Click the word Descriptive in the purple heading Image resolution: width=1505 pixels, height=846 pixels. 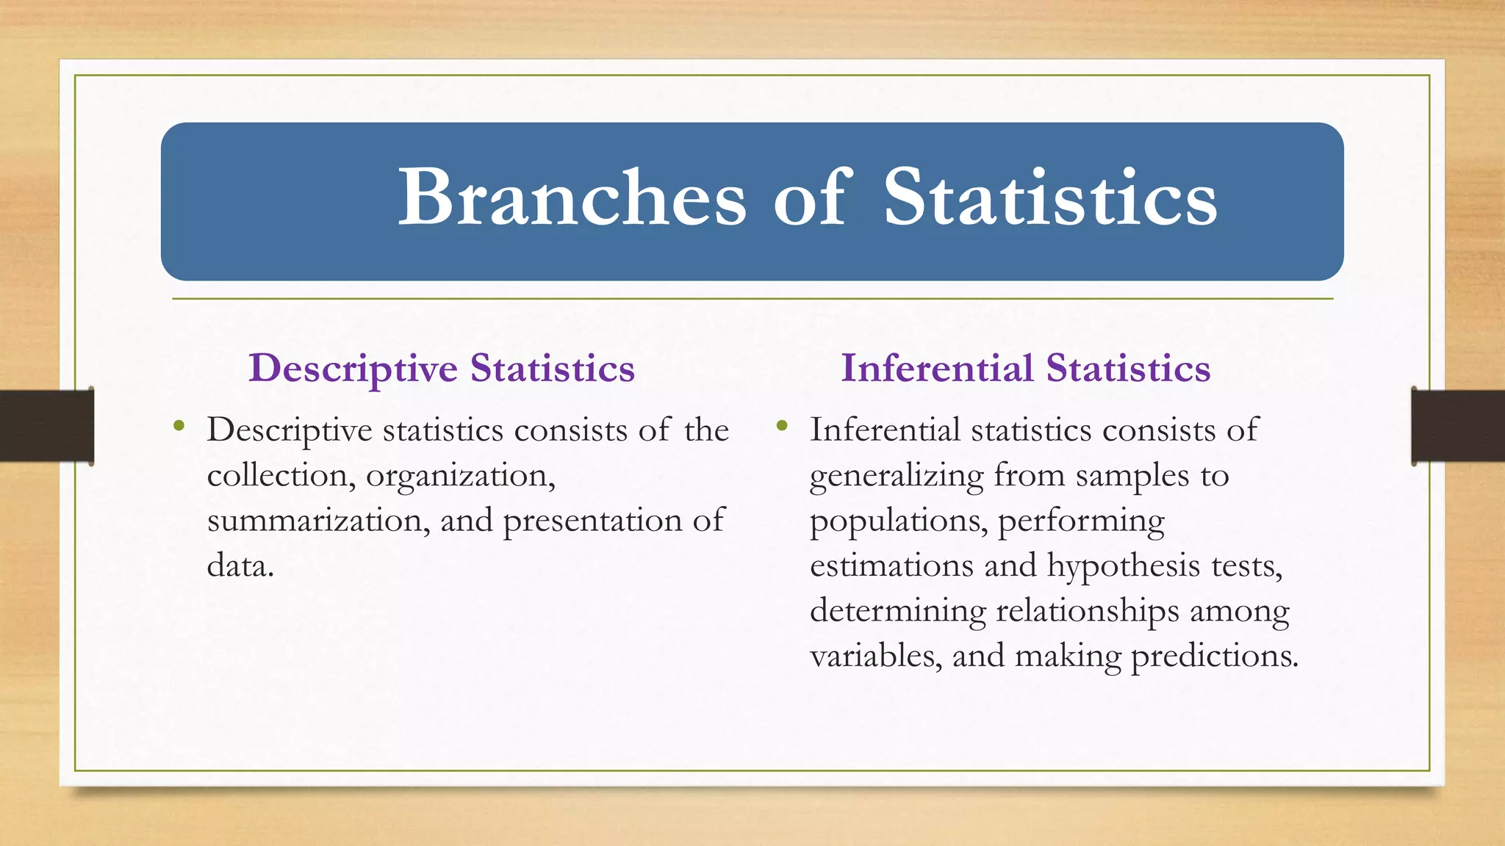353,369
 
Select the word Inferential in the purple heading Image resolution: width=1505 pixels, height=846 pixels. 937,368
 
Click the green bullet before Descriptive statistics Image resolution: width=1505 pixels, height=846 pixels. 179,425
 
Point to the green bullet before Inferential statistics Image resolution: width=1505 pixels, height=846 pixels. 782,425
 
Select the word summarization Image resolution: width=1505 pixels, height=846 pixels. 318,521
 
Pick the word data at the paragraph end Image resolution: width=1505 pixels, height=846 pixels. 240,565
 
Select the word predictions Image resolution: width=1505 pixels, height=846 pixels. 1214,657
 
